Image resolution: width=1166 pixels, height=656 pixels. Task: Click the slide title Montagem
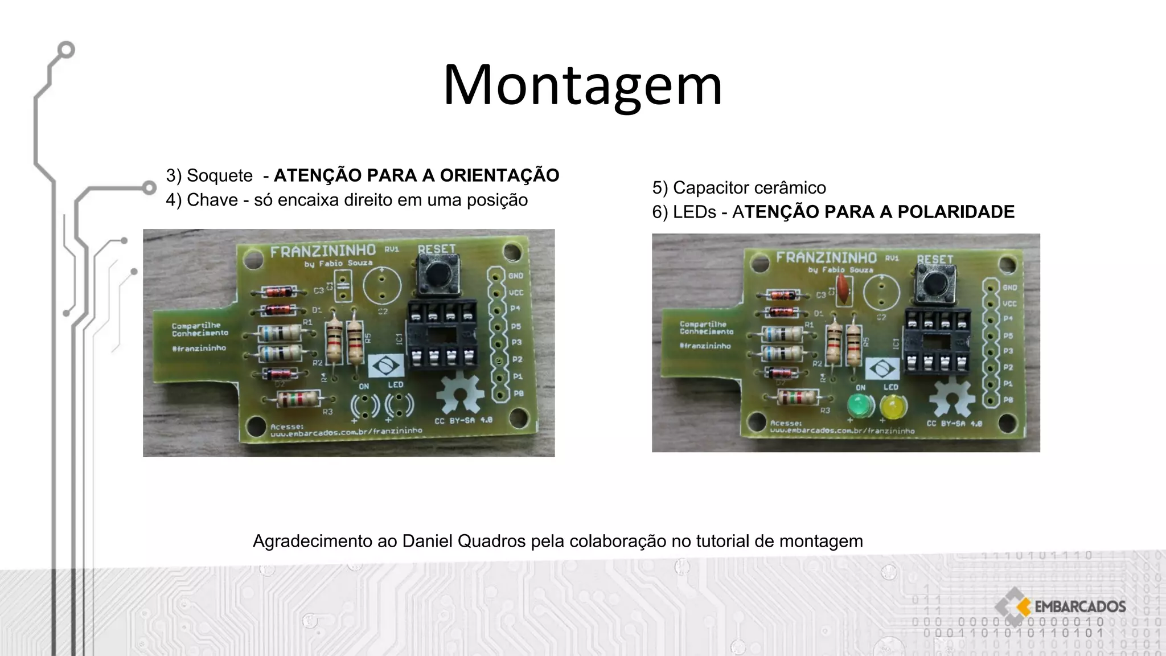582,85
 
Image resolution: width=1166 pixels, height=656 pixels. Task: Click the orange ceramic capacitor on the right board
843,287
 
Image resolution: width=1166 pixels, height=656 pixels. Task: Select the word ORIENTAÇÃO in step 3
499,175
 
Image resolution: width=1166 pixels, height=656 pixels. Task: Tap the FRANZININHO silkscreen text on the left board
323,251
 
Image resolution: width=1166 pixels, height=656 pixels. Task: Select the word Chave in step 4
212,200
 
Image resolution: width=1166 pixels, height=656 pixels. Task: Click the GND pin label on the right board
1009,288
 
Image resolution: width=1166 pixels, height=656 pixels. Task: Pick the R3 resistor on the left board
297,399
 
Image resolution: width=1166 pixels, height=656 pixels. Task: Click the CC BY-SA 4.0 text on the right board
954,424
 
